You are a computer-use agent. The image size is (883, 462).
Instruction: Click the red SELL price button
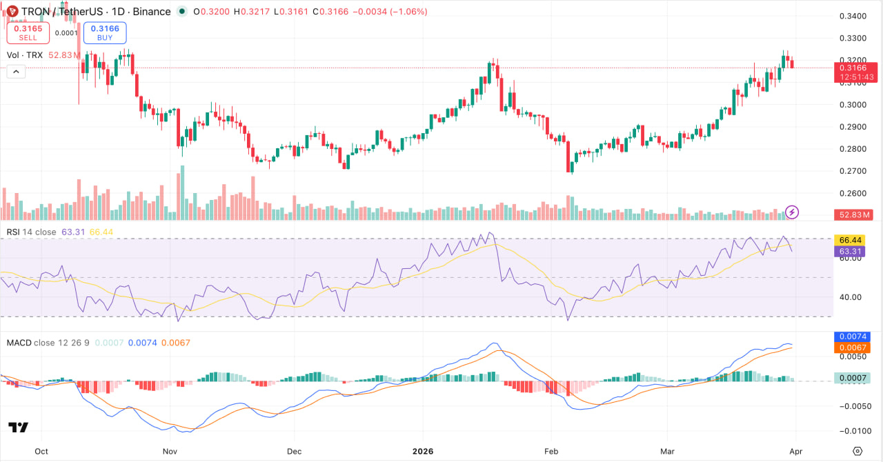[28, 32]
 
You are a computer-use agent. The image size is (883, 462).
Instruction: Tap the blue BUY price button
[104, 32]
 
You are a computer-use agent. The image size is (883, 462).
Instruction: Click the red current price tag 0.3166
[855, 68]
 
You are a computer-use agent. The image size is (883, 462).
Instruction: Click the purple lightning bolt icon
[793, 212]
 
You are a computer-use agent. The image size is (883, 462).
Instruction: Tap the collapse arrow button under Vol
[16, 71]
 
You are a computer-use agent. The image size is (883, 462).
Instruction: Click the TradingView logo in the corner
[19, 428]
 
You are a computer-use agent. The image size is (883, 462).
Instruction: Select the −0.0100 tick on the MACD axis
[851, 431]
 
